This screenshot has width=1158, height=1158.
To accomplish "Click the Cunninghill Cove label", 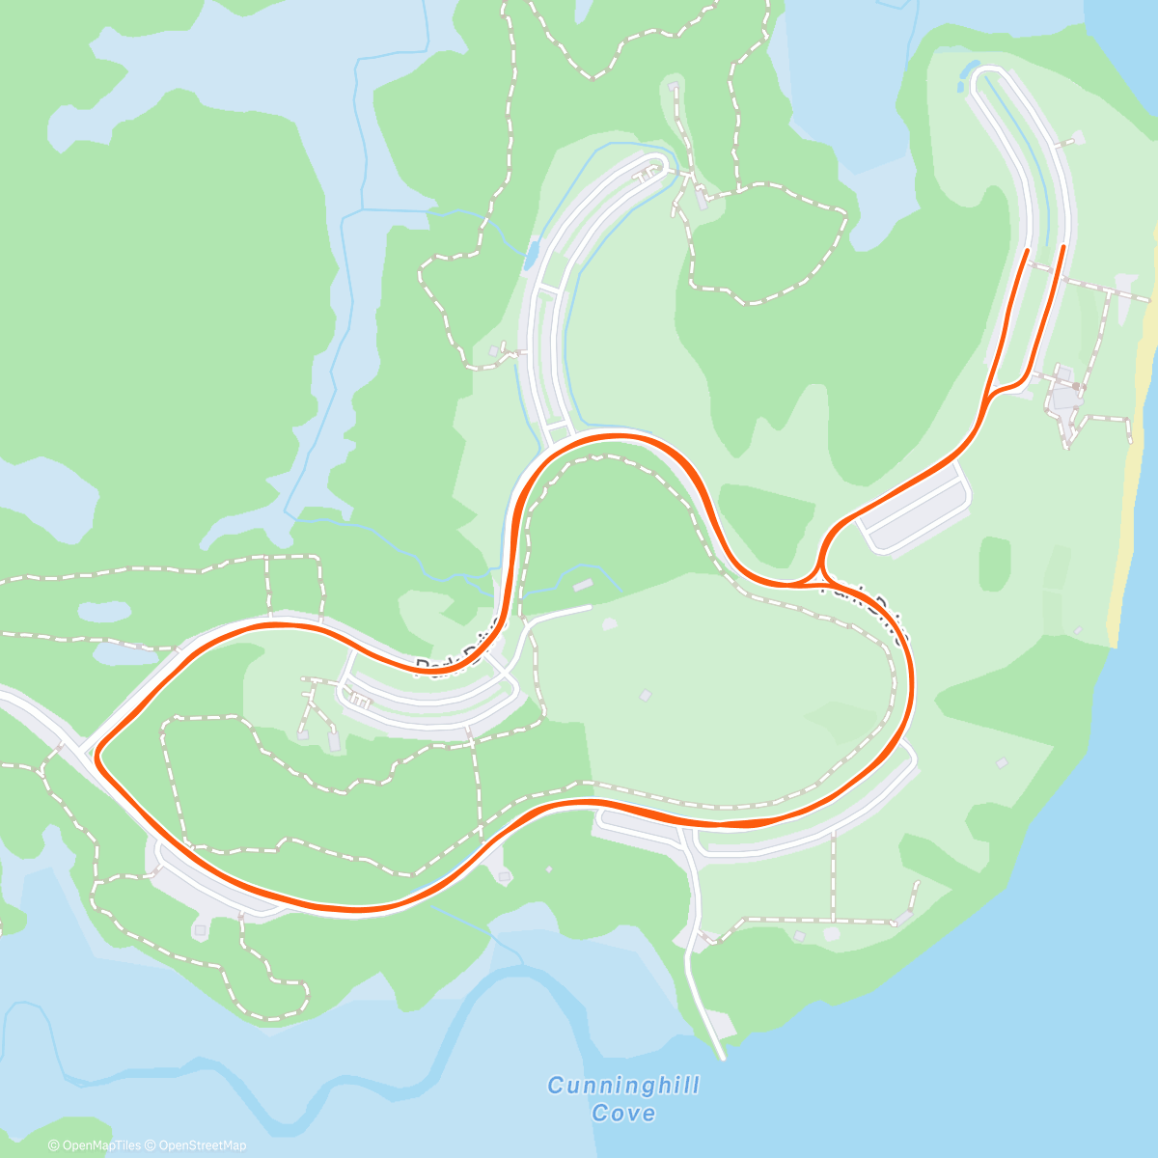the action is (623, 1099).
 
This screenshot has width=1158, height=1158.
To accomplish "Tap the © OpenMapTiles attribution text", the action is (96, 1145).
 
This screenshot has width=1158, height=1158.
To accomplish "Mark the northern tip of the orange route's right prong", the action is (1062, 247).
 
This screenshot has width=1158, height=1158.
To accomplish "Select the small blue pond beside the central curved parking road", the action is (530, 254).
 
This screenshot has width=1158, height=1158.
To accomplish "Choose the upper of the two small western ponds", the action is (104, 611).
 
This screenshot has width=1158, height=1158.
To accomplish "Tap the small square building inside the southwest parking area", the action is (200, 931).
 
